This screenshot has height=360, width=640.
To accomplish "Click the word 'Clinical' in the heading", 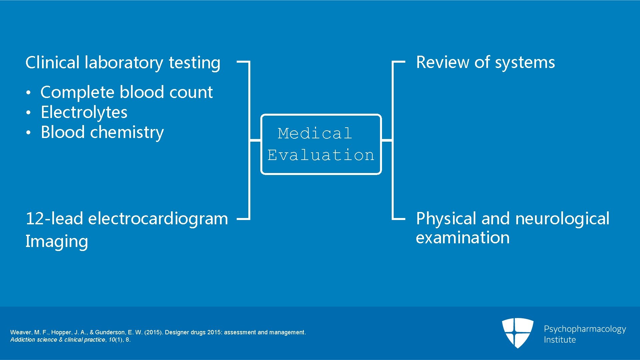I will (x=52, y=63).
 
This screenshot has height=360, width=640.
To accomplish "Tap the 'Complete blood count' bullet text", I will (x=126, y=92).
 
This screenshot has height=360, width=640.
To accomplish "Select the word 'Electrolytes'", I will (x=84, y=112).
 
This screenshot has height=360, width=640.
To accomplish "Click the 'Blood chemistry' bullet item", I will (x=102, y=132).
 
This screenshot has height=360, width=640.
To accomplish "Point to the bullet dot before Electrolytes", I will (x=29, y=113).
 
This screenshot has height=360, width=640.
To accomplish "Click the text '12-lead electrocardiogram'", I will (x=127, y=219).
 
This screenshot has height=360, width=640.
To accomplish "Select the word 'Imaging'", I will (x=57, y=242).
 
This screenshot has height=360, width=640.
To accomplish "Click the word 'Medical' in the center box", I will (x=315, y=134).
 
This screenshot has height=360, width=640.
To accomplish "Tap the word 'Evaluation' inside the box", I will (x=321, y=155).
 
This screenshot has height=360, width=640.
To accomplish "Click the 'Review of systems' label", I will (x=485, y=63).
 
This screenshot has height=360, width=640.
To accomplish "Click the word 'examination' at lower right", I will (x=463, y=238).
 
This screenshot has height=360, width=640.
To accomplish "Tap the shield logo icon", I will (x=517, y=333).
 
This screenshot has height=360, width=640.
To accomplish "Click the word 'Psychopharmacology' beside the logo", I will (x=585, y=329).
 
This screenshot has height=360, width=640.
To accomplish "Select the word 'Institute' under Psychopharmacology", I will (x=560, y=340).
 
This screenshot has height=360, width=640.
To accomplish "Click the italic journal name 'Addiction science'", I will (x=33, y=340).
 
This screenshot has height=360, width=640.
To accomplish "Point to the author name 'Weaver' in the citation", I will (x=21, y=332).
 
